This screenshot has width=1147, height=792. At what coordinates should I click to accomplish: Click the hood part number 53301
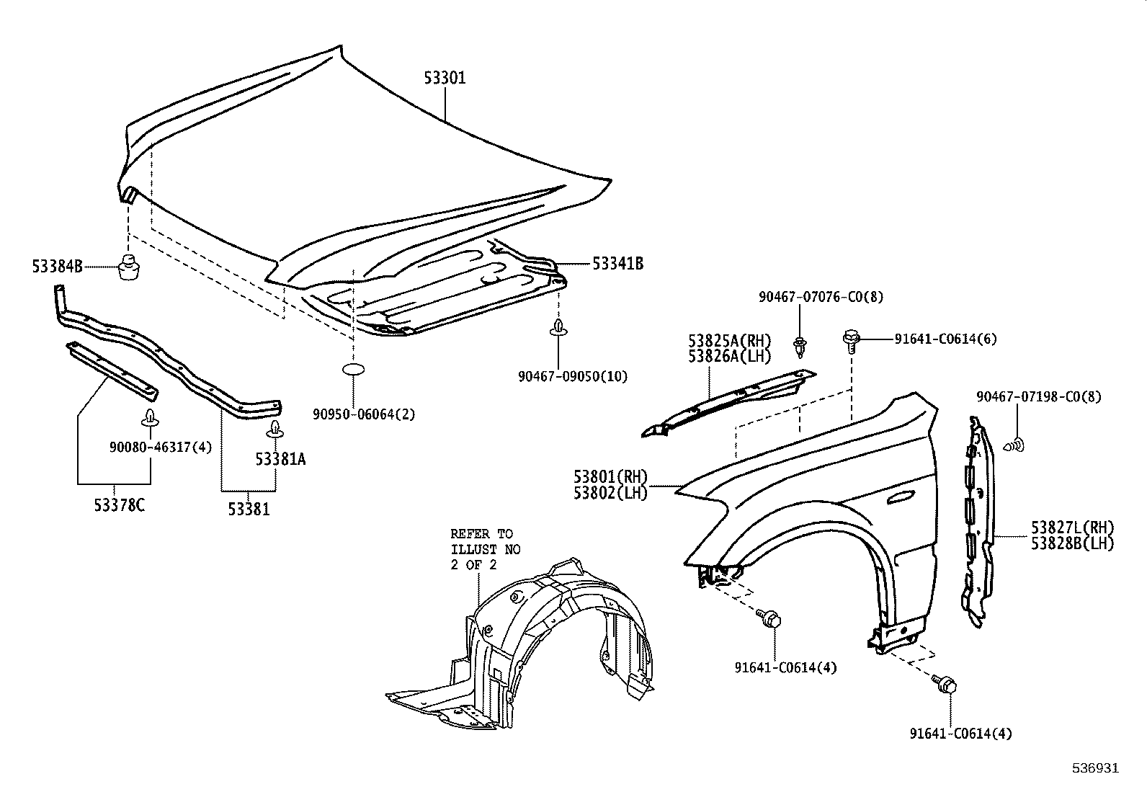tap(445, 78)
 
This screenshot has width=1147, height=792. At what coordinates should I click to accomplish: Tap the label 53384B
tap(57, 267)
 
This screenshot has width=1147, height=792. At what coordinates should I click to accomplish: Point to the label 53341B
tap(617, 264)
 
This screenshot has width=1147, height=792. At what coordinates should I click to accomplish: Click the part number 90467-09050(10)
tap(573, 376)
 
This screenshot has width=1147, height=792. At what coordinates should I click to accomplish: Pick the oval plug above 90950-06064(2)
tap(353, 370)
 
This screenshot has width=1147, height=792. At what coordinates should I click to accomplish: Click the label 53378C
tap(119, 505)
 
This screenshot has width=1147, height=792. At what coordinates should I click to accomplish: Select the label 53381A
tap(280, 459)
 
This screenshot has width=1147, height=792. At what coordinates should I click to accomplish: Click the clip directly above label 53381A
tap(275, 430)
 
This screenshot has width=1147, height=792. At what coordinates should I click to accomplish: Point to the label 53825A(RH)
tap(729, 340)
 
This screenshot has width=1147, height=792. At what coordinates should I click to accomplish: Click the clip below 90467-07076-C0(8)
tap(800, 347)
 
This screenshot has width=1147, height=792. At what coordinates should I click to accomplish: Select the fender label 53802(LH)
tap(611, 494)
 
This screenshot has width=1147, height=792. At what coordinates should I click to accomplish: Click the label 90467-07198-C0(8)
tap(1039, 397)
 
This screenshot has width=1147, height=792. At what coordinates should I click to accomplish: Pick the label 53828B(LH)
tap(1072, 544)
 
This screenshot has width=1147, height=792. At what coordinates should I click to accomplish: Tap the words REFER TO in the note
tap(481, 534)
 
